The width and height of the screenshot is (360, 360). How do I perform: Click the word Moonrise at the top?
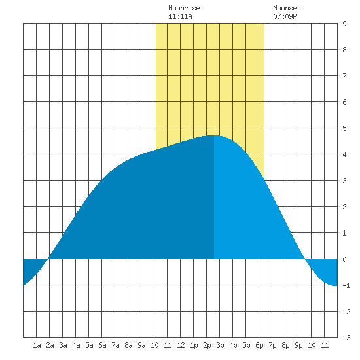[x=184, y=8]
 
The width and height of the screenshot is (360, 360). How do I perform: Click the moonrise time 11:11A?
[x=180, y=16]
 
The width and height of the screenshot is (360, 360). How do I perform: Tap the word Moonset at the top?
[x=287, y=8]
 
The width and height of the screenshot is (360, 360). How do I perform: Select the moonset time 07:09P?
[x=285, y=16]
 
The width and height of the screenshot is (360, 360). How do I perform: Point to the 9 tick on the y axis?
[x=344, y=24]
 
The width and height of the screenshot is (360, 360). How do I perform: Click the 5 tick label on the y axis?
[x=344, y=128]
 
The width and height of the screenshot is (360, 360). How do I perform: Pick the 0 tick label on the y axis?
[x=344, y=259]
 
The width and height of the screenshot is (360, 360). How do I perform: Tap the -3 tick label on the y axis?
[x=346, y=338]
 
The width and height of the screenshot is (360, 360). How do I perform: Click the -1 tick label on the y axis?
[x=346, y=285]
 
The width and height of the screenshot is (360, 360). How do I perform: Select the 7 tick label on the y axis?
[x=344, y=76]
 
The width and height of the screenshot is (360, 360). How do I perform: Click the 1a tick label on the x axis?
[x=37, y=345]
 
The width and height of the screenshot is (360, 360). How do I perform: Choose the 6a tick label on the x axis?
[x=102, y=345]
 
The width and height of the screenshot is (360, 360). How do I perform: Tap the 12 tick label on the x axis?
[x=181, y=345]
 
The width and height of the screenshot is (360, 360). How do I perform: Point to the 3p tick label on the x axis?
[x=220, y=345]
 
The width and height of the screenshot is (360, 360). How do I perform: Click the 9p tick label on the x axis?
[x=298, y=345]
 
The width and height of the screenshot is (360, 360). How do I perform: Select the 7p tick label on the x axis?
[x=272, y=345]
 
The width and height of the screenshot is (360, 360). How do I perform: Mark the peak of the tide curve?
[x=214, y=135]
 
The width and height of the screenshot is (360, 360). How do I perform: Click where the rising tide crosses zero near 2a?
[x=48, y=259]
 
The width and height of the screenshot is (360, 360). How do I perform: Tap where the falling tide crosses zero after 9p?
[x=305, y=259]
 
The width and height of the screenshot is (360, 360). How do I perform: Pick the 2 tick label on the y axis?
[x=344, y=207]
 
